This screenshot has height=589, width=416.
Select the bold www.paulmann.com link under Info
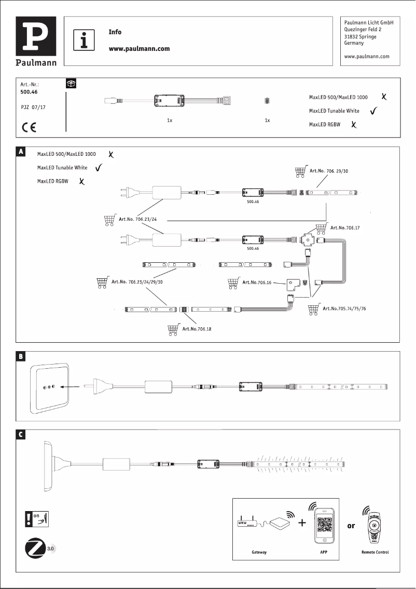click(x=139, y=49)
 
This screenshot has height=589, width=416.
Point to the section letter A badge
click(x=21, y=152)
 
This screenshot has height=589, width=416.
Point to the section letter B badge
click(x=21, y=356)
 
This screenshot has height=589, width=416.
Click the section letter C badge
click(x=21, y=435)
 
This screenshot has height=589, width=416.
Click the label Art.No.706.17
click(x=345, y=227)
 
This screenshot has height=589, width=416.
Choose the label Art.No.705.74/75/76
click(x=344, y=308)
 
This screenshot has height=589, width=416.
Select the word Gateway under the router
click(x=259, y=552)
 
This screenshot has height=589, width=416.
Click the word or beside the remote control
click(x=351, y=526)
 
